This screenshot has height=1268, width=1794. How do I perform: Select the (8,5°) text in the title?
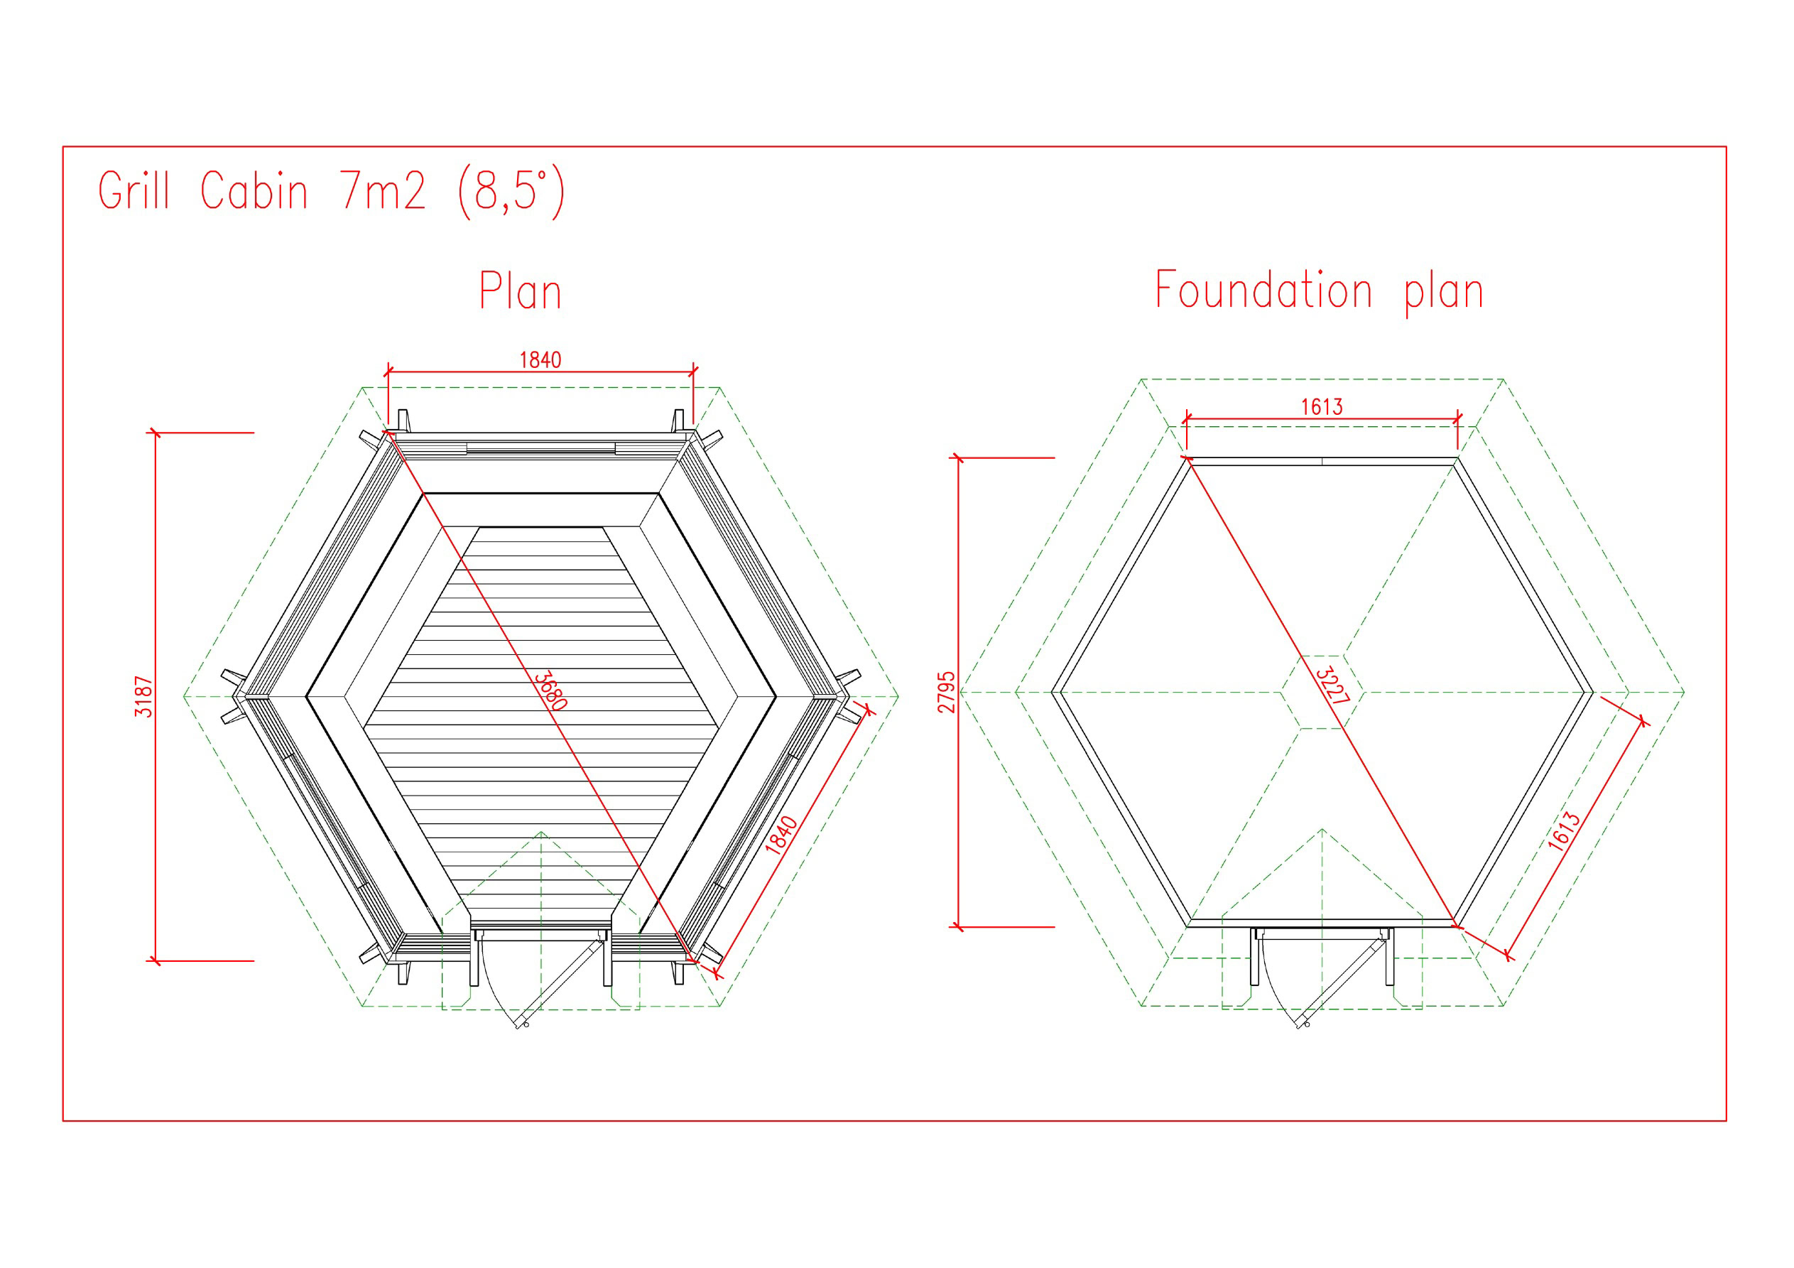tap(511, 192)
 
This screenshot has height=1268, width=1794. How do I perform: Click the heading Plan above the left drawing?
tap(521, 291)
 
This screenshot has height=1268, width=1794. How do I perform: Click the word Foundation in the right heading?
tap(1263, 290)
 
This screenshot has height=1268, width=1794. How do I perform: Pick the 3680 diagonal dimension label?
tap(551, 690)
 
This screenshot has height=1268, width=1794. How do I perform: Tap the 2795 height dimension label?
tap(947, 692)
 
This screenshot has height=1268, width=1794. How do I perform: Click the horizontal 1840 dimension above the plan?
tap(540, 359)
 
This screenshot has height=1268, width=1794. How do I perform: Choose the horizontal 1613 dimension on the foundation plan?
tap(1321, 406)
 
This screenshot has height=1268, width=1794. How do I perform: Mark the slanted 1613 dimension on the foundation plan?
tap(1563, 831)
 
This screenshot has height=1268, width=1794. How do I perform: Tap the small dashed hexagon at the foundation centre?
tap(1322, 692)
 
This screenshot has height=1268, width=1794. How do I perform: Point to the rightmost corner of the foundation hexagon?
tap(1592, 692)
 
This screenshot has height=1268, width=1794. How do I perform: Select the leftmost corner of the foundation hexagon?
tap(1053, 692)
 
